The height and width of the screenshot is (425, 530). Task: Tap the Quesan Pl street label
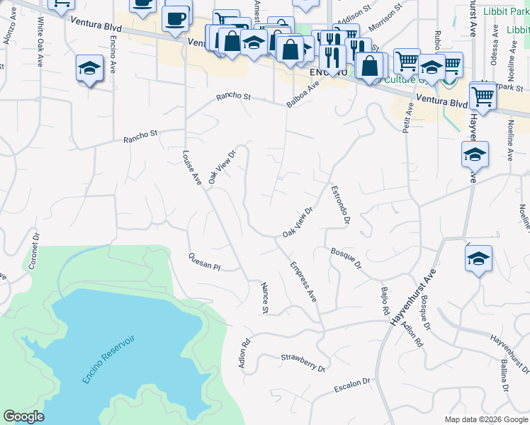[x=205, y=262]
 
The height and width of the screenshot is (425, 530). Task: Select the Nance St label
[x=264, y=298]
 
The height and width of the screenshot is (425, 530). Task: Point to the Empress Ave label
[x=303, y=282]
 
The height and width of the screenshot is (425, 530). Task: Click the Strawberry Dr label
[x=303, y=363]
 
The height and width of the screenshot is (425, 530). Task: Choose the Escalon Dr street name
[x=351, y=385]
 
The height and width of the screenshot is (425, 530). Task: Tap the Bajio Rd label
[x=385, y=301]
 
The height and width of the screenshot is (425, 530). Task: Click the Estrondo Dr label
[x=341, y=205]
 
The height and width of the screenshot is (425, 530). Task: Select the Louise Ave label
[x=192, y=167]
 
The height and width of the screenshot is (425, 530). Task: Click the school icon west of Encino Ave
[x=89, y=68]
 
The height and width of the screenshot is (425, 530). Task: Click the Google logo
[x=23, y=416]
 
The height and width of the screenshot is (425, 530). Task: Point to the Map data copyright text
[x=485, y=419]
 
